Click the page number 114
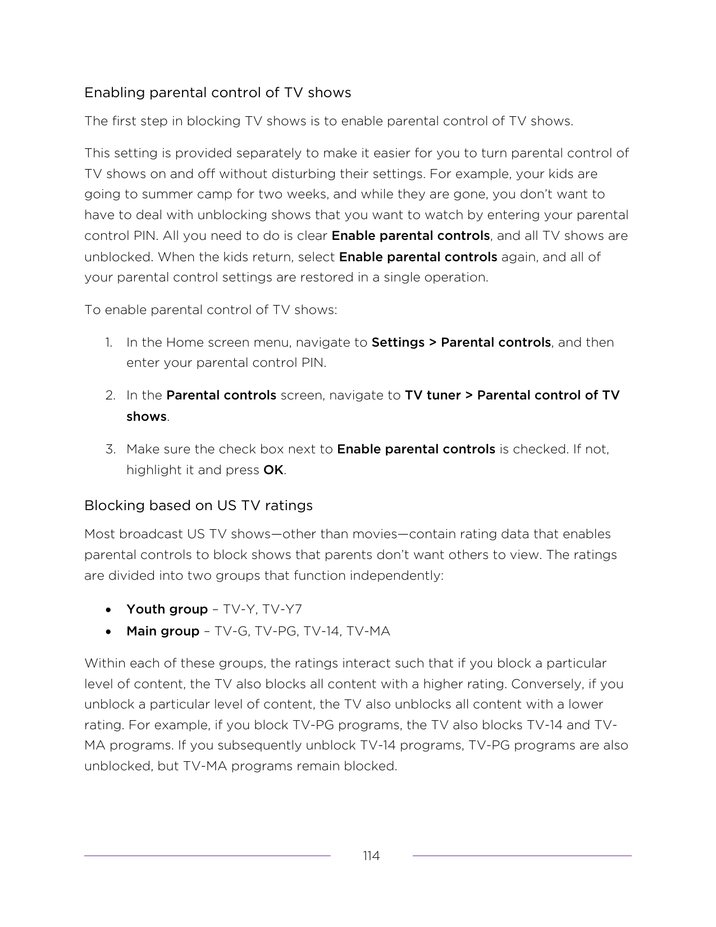coord(371,856)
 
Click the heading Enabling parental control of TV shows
coord(217,93)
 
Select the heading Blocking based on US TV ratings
coord(198,506)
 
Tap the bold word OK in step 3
coord(273,470)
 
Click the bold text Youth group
coord(167,610)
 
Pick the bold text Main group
coord(163,631)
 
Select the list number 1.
coord(108,343)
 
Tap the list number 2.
coord(110,396)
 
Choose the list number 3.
coord(110,449)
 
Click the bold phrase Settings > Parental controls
coord(461,343)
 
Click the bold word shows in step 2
coord(147,417)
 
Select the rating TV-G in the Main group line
coord(231,631)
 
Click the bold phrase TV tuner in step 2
coord(432,396)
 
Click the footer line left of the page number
coord(207,856)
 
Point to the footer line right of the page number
coord(522,856)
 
